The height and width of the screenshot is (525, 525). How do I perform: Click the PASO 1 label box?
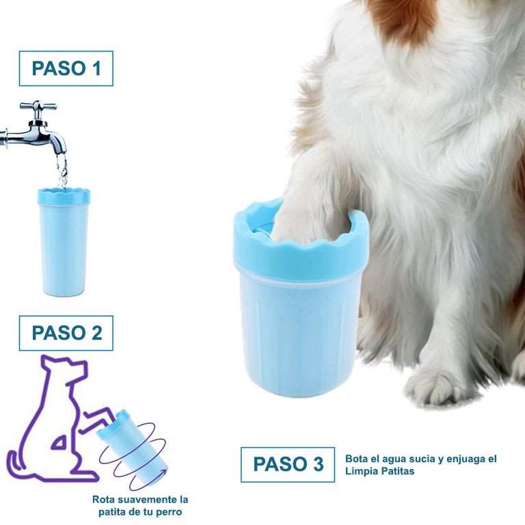click(66, 68)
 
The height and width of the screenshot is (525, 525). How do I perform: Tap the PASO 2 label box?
click(66, 333)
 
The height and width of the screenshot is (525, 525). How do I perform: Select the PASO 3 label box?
click(288, 465)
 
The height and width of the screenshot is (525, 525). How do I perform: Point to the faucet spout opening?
click(62, 152)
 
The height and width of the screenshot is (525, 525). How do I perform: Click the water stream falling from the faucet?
click(62, 171)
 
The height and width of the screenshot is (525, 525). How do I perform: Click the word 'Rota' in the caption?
click(103, 500)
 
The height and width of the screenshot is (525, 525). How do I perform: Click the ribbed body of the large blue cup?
click(301, 328)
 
